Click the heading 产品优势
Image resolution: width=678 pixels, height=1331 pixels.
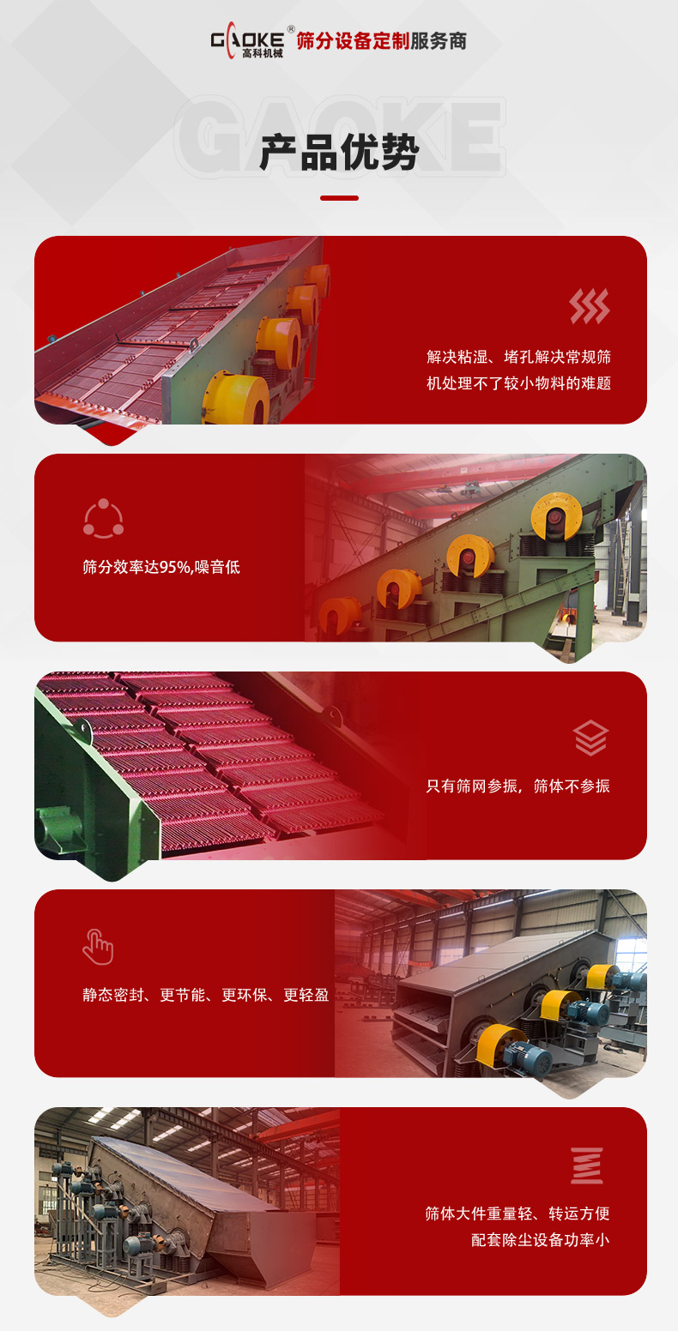pyautogui.click(x=339, y=153)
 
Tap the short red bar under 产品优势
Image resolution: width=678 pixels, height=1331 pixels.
pyautogui.click(x=339, y=198)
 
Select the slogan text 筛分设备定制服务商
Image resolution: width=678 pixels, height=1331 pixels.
pyautogui.click(x=381, y=41)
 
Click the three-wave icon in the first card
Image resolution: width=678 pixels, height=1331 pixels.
pyautogui.click(x=590, y=306)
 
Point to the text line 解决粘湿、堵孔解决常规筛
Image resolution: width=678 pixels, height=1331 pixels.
pyautogui.click(x=518, y=357)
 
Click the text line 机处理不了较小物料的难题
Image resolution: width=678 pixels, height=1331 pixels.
pyautogui.click(x=518, y=383)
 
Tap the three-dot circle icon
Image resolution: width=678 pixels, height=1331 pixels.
pyautogui.click(x=103, y=518)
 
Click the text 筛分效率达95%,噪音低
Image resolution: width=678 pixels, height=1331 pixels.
pyautogui.click(x=161, y=567)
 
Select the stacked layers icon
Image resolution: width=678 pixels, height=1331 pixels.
pyautogui.click(x=590, y=738)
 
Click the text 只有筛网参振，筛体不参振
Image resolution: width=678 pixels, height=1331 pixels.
pyautogui.click(x=518, y=786)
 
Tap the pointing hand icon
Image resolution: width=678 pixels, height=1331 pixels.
pyautogui.click(x=98, y=946)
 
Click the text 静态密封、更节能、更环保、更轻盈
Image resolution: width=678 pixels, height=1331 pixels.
pyautogui.click(x=206, y=996)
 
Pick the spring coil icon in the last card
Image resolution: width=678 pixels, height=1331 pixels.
pyautogui.click(x=587, y=1165)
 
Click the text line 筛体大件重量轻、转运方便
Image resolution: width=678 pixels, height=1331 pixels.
pyautogui.click(x=518, y=1214)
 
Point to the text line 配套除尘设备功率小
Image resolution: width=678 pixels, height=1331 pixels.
pyautogui.click(x=540, y=1240)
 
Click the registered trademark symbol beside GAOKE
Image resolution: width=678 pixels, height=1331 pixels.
pyautogui.click(x=291, y=29)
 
